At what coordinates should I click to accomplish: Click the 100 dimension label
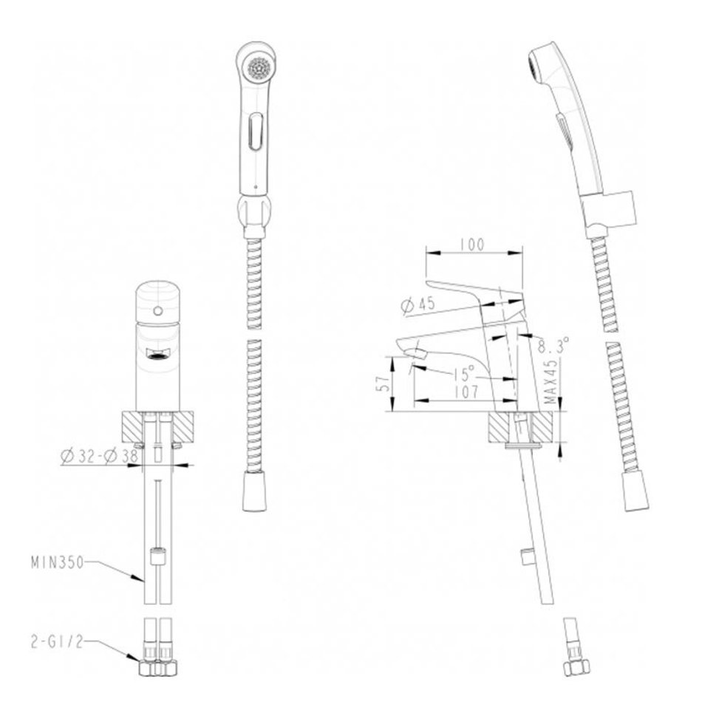472,245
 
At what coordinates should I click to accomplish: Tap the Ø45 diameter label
418,305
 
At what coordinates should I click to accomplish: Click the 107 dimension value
466,392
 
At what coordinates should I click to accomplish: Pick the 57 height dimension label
384,384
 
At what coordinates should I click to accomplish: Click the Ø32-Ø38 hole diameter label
100,456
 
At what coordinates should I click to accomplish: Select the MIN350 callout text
58,562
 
